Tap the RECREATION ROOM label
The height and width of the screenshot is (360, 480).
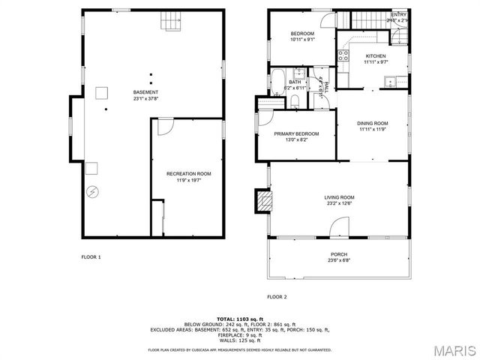coord(188,174)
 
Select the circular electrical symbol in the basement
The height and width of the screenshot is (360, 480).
coord(92,191)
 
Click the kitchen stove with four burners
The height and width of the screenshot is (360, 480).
coord(343,54)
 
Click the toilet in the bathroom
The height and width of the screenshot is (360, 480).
coord(295,100)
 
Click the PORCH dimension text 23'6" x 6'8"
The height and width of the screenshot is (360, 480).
coord(340,261)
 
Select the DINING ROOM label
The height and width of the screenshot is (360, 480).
coord(372,124)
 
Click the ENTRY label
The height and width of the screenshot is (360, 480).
coord(399,15)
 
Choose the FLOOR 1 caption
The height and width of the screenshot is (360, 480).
coord(91,257)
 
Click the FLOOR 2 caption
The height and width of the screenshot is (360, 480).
coord(277,297)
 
